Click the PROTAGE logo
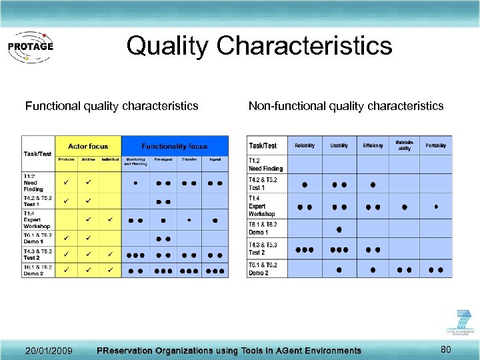[30, 47]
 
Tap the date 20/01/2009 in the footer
[49, 351]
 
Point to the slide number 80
[446, 349]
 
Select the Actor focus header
[88, 146]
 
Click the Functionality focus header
[174, 146]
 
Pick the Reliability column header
[305, 145]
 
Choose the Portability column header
[436, 145]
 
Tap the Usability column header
[339, 145]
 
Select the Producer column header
[66, 159]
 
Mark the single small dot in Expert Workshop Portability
[436, 206]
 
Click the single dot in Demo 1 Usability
[339, 229]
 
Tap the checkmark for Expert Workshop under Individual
[110, 219]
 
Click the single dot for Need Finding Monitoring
[136, 182]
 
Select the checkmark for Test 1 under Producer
[66, 201]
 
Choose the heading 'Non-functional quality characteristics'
[345, 106]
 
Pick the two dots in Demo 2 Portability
[436, 269]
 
